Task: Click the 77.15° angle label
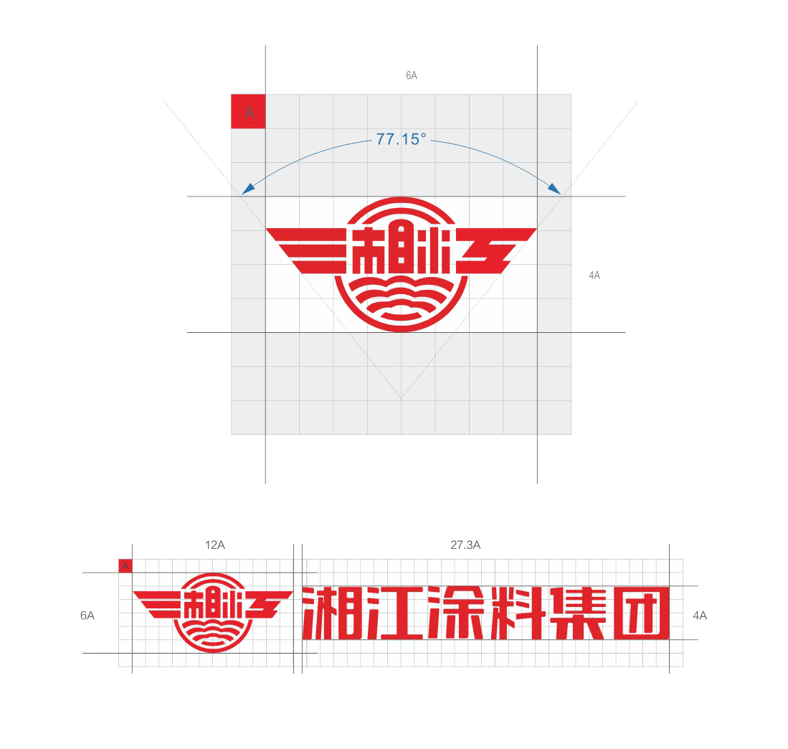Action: [401, 138]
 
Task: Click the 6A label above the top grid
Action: [412, 75]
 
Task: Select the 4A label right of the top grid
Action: [594, 275]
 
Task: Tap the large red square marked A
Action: [248, 111]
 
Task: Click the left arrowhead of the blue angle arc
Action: [247, 189]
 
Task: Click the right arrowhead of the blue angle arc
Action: [554, 189]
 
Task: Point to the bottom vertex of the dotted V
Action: [401, 399]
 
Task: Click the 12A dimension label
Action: [214, 545]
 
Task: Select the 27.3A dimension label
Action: [465, 545]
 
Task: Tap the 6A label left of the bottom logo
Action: [87, 616]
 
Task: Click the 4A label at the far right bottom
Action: [700, 616]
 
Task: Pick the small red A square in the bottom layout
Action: [125, 566]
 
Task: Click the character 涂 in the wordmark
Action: [456, 613]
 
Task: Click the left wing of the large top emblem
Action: [307, 250]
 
